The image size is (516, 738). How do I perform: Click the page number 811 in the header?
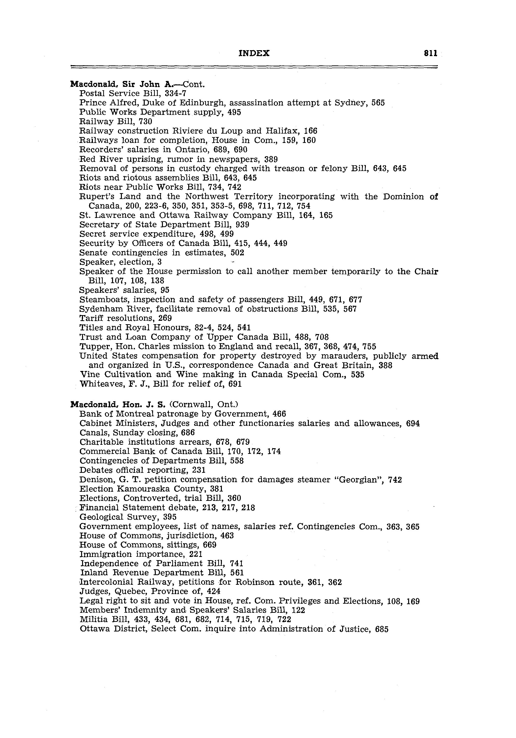(430, 53)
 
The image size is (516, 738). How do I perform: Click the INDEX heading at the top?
(254, 53)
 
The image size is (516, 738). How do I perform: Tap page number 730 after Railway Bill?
(145, 122)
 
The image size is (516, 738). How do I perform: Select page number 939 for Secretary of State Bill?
(243, 225)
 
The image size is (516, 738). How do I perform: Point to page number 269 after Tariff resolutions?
(165, 318)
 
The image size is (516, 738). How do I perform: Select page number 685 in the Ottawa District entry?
(381, 629)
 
